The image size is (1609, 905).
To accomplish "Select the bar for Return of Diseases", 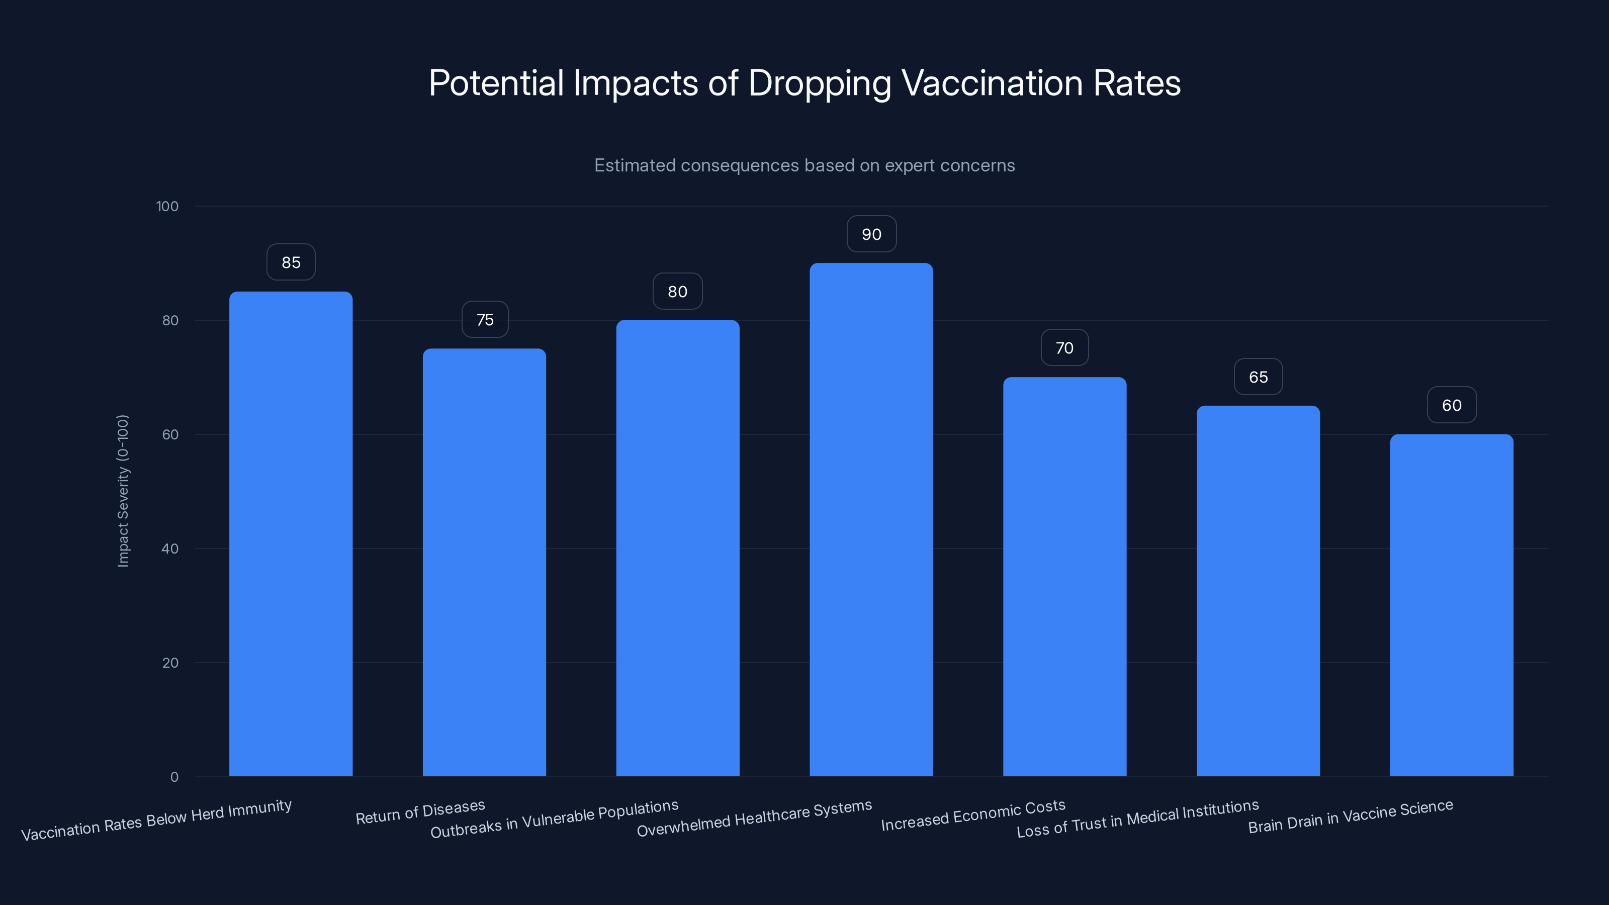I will click(484, 562).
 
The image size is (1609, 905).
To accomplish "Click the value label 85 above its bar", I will click(291, 262).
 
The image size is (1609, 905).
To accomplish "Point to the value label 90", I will click(871, 234).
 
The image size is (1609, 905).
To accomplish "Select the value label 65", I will click(1258, 377).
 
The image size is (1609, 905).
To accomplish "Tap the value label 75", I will click(485, 320).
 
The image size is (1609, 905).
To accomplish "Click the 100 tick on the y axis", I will click(167, 206).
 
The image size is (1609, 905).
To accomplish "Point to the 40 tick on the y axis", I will click(170, 549).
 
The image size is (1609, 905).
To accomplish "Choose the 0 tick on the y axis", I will click(174, 776).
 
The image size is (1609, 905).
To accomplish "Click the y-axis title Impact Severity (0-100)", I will click(123, 491).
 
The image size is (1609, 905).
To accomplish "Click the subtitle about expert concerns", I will click(804, 165).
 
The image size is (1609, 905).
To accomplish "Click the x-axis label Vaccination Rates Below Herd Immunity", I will click(156, 820).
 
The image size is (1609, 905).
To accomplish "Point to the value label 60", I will click(1452, 405).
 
